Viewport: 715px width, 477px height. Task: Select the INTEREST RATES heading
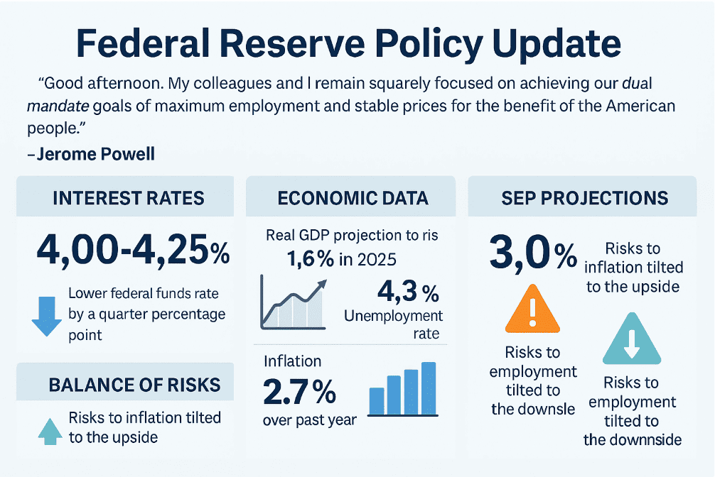pyautogui.click(x=128, y=197)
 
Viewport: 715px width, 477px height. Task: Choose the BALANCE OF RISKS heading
pyautogui.click(x=134, y=385)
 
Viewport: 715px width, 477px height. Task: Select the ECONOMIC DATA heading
pyautogui.click(x=353, y=197)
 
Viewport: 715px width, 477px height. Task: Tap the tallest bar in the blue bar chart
pyautogui.click(x=429, y=388)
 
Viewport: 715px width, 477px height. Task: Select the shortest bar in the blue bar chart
pyautogui.click(x=377, y=401)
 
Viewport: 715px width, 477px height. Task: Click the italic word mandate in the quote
pyautogui.click(x=53, y=108)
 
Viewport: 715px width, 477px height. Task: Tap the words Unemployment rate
pyautogui.click(x=393, y=324)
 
